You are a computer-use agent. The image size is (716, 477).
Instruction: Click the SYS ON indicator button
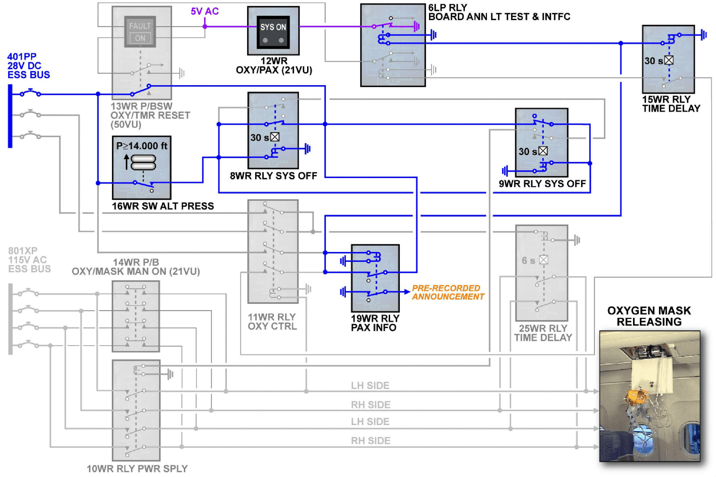pos(273,31)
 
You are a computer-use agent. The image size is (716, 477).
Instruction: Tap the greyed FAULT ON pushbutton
pos(140,32)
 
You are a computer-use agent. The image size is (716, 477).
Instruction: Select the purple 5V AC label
pos(204,11)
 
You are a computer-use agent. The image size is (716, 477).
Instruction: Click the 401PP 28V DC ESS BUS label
pos(28,66)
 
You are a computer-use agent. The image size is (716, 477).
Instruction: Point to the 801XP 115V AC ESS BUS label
pos(29,260)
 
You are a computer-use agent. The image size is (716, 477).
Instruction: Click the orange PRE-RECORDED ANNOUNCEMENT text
pos(447,292)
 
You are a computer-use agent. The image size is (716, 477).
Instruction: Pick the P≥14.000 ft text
pos(142,146)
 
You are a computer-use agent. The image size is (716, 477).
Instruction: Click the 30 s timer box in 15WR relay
pos(668,61)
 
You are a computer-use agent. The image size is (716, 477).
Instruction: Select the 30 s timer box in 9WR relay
pos(542,151)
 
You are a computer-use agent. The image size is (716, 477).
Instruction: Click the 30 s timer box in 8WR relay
pos(274,137)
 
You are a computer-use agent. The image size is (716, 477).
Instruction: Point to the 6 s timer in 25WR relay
pos(543,260)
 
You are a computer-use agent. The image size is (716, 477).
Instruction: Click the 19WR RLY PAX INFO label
pos(375,323)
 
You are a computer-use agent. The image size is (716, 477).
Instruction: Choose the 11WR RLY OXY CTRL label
pos(272,322)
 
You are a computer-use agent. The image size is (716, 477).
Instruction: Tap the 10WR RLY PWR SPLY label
pos(137,468)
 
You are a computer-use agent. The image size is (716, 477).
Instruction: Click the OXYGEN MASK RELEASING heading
pos(649,316)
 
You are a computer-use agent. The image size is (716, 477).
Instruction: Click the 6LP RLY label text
pos(447,8)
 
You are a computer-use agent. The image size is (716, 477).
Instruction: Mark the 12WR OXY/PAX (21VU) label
pos(274,65)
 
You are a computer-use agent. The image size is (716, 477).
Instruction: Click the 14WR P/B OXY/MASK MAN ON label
pos(136,267)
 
